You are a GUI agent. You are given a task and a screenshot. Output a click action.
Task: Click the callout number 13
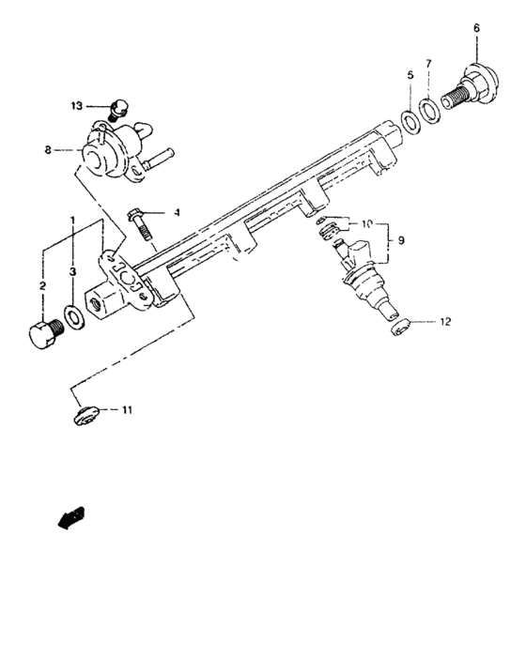click(x=77, y=105)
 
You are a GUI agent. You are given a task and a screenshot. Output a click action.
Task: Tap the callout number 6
click(x=476, y=29)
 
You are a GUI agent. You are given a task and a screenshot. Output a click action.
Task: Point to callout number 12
click(x=445, y=322)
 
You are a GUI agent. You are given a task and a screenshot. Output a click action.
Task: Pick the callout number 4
click(x=176, y=214)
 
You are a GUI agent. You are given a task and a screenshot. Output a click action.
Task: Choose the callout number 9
click(x=401, y=241)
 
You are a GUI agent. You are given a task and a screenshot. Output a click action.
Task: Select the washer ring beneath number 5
click(x=410, y=121)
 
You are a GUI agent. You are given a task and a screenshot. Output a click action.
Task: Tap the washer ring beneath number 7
click(x=428, y=111)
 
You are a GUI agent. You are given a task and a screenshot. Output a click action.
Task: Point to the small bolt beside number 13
click(x=116, y=109)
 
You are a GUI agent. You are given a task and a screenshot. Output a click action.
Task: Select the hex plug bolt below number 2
click(x=42, y=335)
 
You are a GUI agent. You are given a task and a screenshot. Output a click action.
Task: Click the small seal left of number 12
click(x=399, y=328)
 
